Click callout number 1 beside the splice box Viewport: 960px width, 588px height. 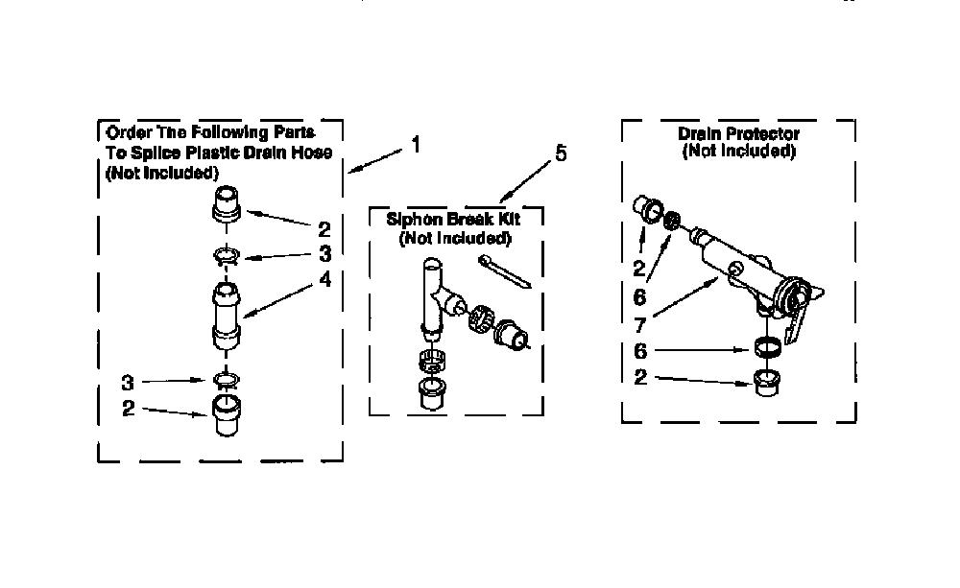click(416, 145)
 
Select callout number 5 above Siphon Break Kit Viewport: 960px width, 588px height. click(561, 153)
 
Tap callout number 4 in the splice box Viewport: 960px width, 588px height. click(325, 279)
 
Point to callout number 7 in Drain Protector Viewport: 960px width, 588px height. click(640, 324)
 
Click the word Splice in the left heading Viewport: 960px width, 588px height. click(153, 153)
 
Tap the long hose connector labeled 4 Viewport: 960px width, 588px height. click(226, 316)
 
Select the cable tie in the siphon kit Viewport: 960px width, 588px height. click(505, 271)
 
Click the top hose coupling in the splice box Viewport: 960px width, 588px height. click(226, 203)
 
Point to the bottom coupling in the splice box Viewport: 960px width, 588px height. click(226, 416)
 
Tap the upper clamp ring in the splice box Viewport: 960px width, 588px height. click(228, 254)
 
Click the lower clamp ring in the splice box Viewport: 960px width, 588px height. click(227, 381)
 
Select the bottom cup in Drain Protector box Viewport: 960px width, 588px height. click(765, 383)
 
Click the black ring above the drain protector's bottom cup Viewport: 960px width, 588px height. click(766, 347)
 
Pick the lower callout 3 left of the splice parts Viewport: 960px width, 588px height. click(128, 383)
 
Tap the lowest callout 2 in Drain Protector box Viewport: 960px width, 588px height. click(640, 377)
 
